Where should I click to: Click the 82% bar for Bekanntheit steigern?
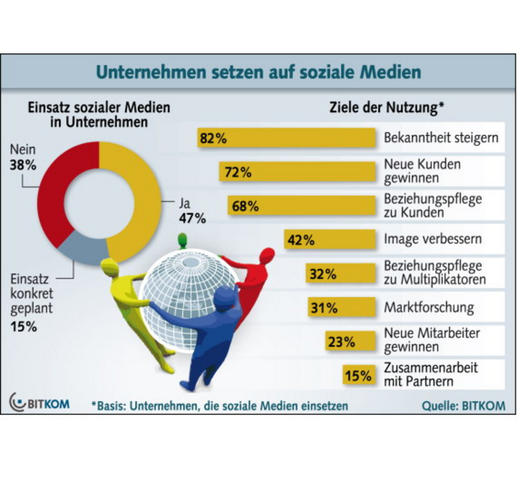[286, 138]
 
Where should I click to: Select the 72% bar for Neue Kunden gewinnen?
[297, 172]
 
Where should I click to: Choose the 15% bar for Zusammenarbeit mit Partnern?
[359, 375]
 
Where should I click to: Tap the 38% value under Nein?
[23, 163]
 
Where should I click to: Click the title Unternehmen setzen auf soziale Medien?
[258, 72]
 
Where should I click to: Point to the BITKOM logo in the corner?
[40, 402]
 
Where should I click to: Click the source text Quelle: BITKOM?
[463, 405]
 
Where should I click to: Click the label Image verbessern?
[432, 239]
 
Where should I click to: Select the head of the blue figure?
[226, 298]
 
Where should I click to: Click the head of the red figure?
[266, 255]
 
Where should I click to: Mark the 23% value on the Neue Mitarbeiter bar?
[341, 341]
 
